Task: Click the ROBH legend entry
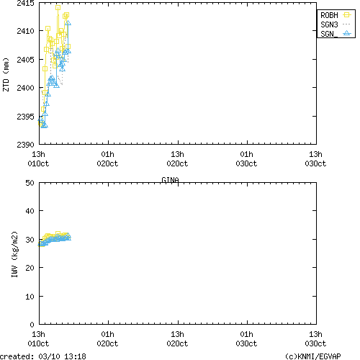click(x=335, y=14)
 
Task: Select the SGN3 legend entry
click(x=335, y=24)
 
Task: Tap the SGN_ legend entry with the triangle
click(x=335, y=33)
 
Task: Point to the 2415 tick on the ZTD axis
click(x=24, y=3)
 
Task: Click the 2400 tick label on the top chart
click(x=24, y=88)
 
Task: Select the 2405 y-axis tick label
click(x=24, y=60)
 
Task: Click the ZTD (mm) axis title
click(x=6, y=73)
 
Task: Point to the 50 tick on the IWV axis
click(x=30, y=183)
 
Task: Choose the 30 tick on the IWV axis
click(x=30, y=240)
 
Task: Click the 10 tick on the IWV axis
click(x=30, y=296)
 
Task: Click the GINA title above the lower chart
click(x=170, y=179)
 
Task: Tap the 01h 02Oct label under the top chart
click(x=108, y=158)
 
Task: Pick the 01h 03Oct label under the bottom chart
click(x=246, y=338)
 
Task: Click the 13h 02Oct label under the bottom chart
click(x=177, y=338)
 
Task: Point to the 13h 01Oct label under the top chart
click(x=39, y=158)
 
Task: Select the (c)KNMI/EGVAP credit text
click(x=315, y=356)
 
